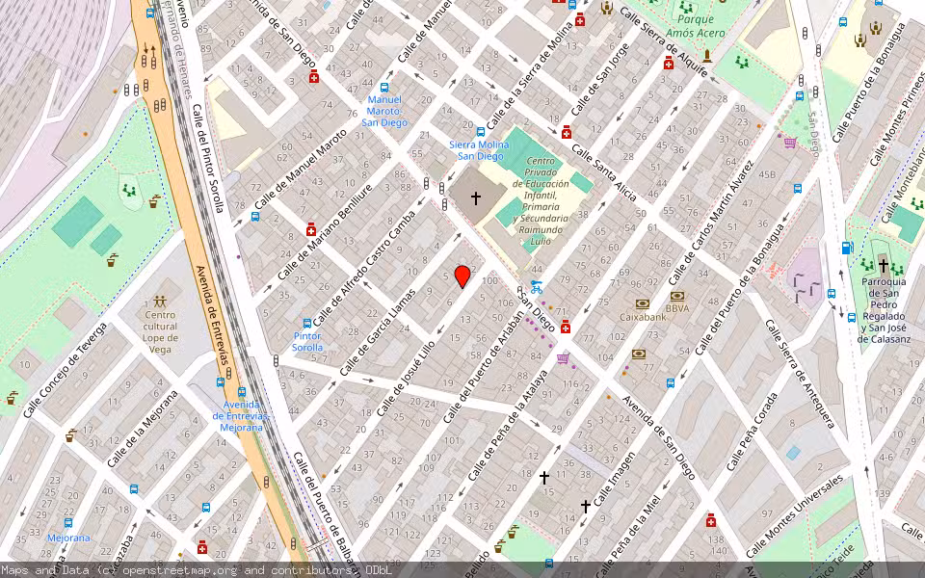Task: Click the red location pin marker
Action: click(x=462, y=276)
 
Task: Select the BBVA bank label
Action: click(x=677, y=309)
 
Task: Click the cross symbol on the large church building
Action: click(x=475, y=198)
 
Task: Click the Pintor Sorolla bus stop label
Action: click(x=307, y=341)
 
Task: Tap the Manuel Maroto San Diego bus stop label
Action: click(x=384, y=111)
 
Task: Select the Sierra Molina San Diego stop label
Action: click(x=477, y=150)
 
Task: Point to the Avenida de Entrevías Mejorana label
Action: click(x=242, y=415)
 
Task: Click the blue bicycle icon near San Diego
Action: click(x=536, y=287)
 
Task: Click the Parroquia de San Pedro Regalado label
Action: click(x=884, y=309)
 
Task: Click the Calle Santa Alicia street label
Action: click(x=605, y=173)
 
